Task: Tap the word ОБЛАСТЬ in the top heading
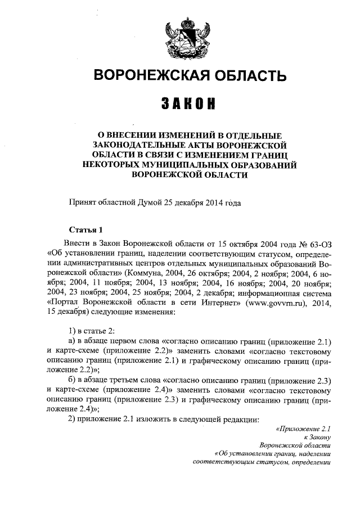click(x=244, y=75)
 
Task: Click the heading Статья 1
click(x=85, y=229)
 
